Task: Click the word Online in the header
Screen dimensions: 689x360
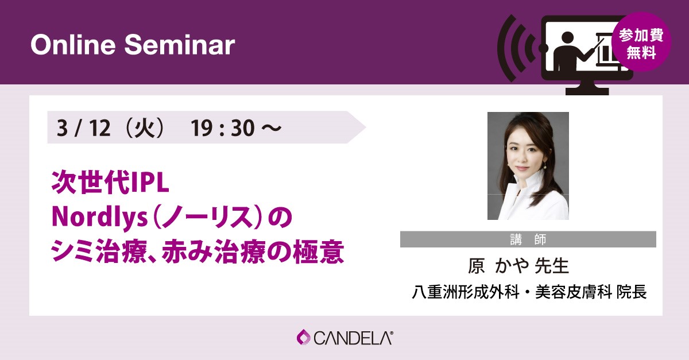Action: point(73,45)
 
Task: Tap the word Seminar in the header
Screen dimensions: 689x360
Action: point(180,45)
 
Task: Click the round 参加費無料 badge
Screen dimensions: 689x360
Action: point(641,42)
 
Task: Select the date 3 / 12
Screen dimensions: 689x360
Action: point(83,127)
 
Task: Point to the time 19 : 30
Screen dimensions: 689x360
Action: point(222,127)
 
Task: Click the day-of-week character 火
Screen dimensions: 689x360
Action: point(145,127)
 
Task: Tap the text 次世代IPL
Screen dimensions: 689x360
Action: point(110,183)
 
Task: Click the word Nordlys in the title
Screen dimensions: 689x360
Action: point(100,218)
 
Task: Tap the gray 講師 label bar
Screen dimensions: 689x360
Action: point(528,239)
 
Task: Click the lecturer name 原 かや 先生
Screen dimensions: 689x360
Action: point(518,266)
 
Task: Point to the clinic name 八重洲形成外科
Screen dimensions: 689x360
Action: point(466,291)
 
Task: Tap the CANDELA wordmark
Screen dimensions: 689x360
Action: point(353,338)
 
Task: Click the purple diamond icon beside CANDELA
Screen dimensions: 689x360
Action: point(304,338)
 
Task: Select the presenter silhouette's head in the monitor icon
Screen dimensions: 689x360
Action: point(567,39)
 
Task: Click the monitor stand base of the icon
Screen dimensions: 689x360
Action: point(587,91)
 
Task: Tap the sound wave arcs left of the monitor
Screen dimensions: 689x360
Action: point(515,48)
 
